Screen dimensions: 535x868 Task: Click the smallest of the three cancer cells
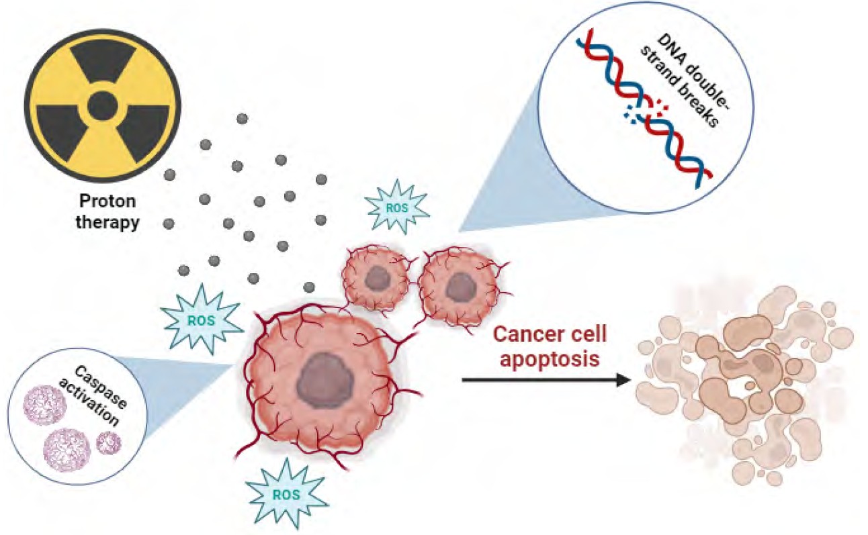[376, 277]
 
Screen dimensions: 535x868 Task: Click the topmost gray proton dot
[243, 119]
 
